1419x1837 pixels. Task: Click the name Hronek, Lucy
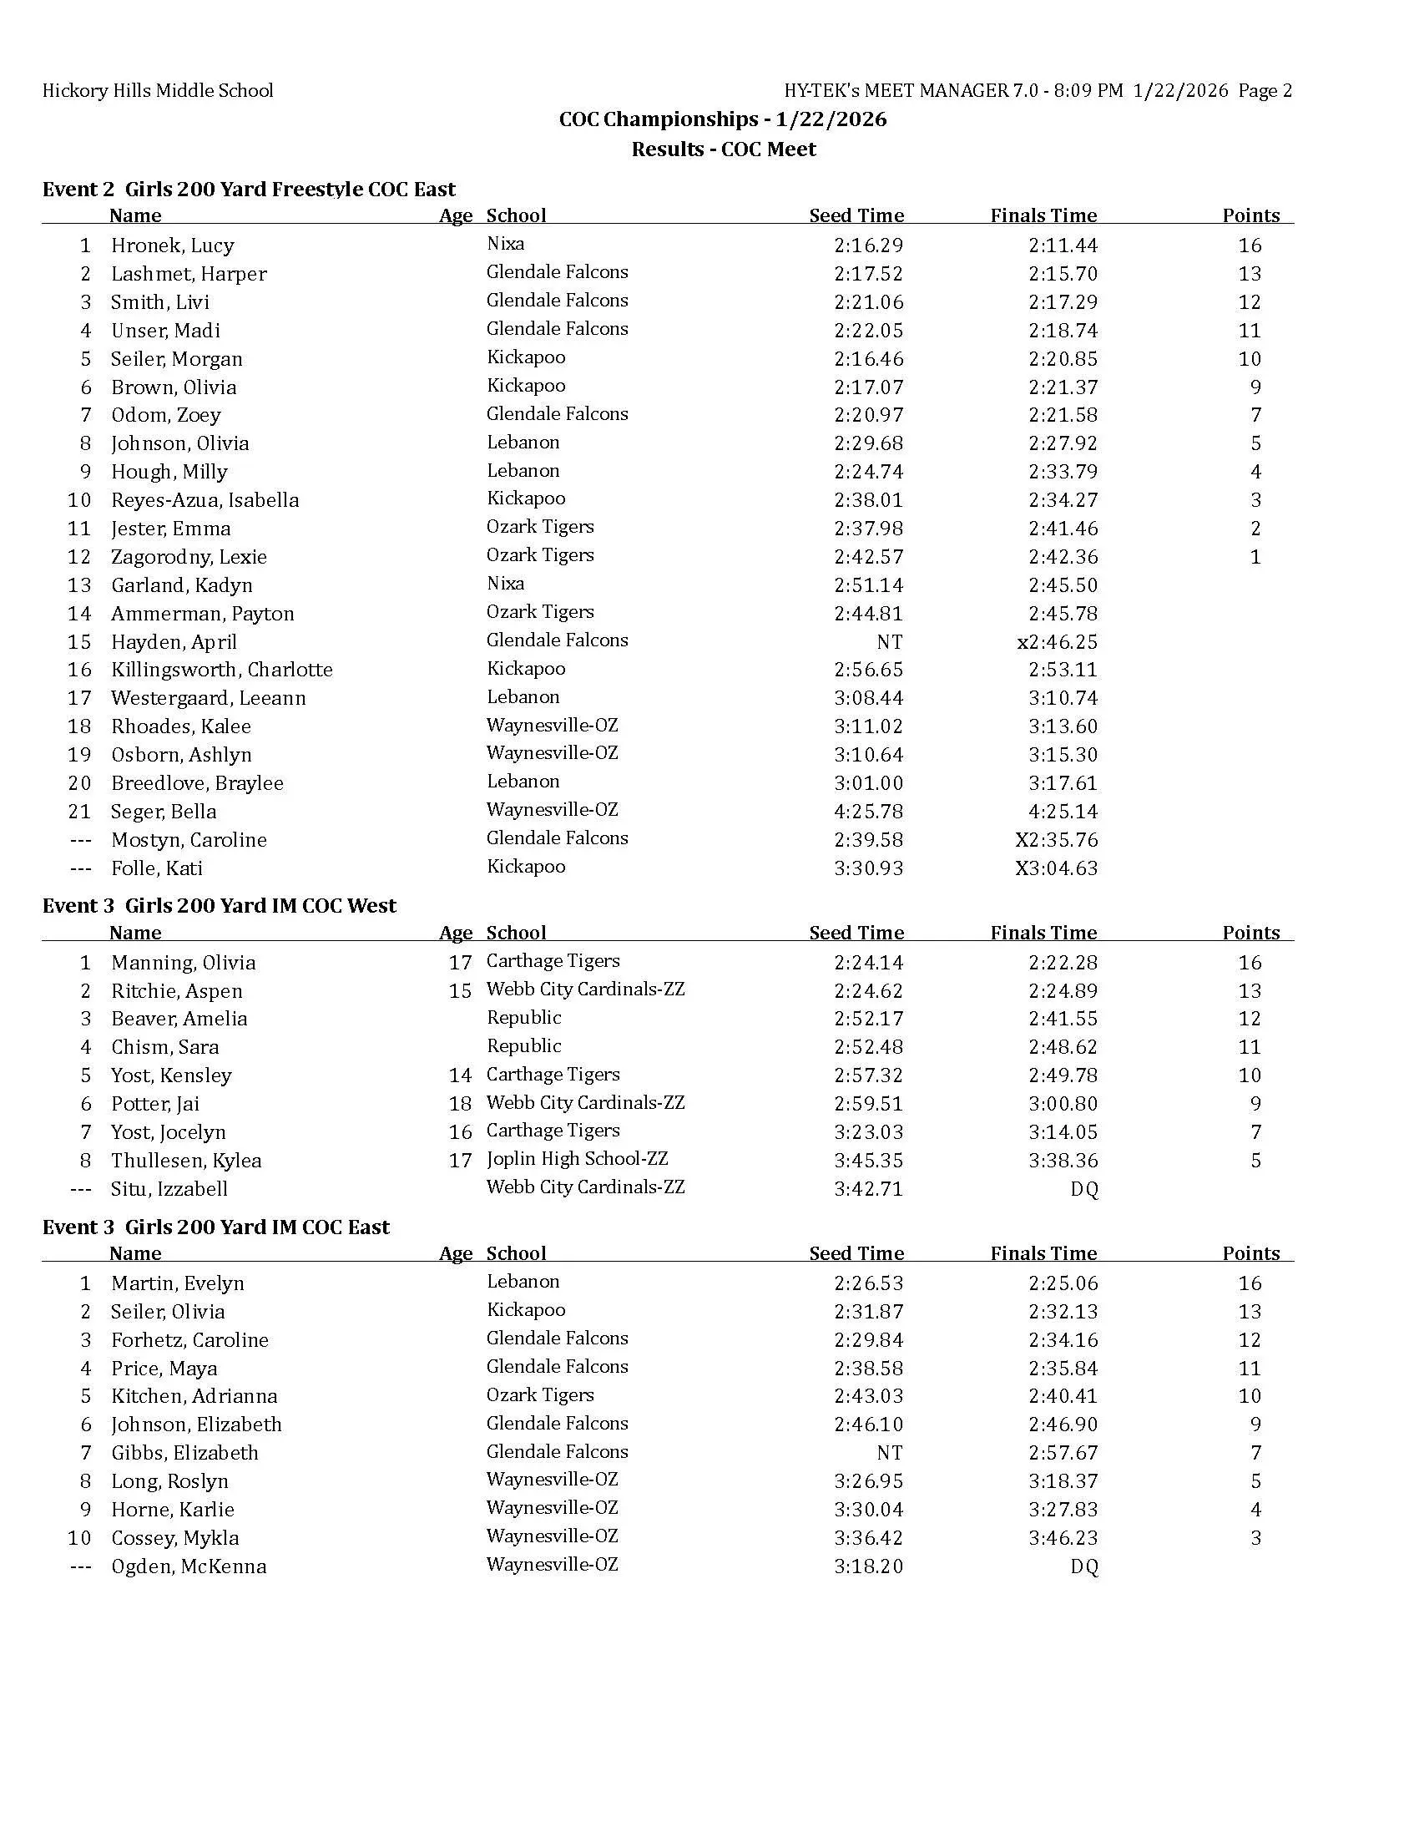click(172, 245)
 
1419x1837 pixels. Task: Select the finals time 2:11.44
click(1063, 245)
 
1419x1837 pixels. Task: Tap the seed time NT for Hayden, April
click(890, 643)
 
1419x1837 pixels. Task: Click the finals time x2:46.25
click(1057, 643)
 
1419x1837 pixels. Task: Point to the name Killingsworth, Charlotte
click(222, 671)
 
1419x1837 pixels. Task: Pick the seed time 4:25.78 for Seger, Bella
click(868, 812)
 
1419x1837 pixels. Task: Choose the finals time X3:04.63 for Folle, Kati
click(1056, 868)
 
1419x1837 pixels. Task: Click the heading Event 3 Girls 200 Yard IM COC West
click(220, 906)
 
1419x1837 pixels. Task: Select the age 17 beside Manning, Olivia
click(460, 963)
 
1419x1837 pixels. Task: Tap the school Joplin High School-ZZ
click(578, 1159)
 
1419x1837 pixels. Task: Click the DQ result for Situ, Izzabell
click(1084, 1189)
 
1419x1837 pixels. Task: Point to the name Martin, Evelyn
click(177, 1283)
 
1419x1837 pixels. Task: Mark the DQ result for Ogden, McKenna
click(1084, 1566)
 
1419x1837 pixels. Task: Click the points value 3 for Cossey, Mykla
click(1256, 1538)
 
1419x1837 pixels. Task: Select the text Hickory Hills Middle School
click(158, 91)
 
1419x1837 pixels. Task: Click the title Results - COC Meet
click(724, 149)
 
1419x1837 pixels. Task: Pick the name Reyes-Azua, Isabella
click(205, 500)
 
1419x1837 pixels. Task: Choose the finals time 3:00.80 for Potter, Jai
click(1063, 1104)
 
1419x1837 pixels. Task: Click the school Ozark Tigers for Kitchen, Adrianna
click(540, 1395)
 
